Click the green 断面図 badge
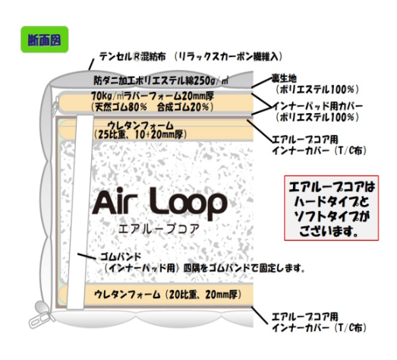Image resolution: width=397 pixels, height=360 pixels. click(45, 39)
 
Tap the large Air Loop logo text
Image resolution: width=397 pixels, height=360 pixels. click(159, 204)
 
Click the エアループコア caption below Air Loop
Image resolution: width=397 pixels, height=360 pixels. click(159, 229)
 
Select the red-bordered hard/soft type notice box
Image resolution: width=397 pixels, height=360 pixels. click(331, 208)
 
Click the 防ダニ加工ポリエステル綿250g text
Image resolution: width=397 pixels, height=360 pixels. click(161, 81)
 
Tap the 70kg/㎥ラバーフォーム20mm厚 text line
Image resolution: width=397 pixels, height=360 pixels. click(153, 96)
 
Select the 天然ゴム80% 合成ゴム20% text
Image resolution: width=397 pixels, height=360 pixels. click(152, 107)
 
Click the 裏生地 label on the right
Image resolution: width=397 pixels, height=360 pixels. click(284, 78)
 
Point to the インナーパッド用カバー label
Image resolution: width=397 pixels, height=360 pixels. click(317, 106)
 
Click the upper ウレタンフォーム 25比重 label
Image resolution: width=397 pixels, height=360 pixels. click(140, 130)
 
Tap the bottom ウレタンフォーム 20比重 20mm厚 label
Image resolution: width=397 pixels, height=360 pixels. click(168, 295)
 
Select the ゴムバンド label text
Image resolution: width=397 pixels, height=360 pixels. click(121, 257)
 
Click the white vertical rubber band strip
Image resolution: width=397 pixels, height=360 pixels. click(80, 213)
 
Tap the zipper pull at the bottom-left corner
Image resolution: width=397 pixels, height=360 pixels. click(41, 315)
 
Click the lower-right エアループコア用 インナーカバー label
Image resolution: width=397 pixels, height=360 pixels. click(319, 322)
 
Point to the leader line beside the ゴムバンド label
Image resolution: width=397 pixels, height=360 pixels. click(87, 257)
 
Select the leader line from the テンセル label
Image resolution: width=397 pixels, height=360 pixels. click(91, 65)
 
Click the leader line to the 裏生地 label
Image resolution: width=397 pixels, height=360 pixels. click(262, 83)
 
